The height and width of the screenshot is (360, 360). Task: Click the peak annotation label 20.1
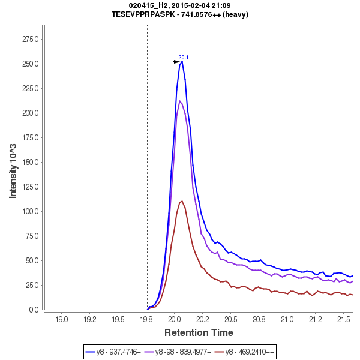point(184,58)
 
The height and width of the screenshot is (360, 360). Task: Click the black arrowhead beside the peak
point(176,62)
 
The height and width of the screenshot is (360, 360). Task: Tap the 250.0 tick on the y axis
point(31,64)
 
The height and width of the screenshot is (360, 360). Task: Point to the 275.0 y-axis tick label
point(31,40)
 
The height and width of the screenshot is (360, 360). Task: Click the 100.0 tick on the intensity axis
point(31,211)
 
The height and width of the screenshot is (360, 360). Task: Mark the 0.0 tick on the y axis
point(35,310)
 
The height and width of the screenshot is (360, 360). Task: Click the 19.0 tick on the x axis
point(62,319)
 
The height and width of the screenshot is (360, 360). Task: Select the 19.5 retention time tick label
point(118,319)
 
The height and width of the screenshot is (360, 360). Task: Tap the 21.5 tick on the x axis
point(343,319)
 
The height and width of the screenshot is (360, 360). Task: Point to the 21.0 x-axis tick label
point(287,319)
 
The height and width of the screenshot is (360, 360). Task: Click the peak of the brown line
point(181,201)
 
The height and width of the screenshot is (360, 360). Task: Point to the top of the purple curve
point(180,101)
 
